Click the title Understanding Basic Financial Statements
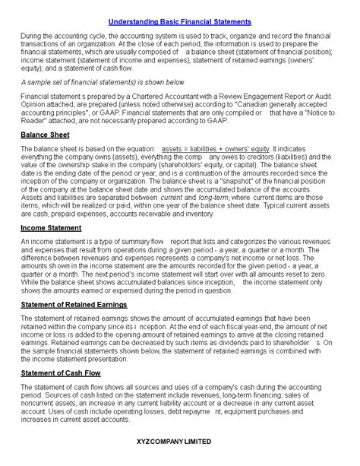pos(179,22)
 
